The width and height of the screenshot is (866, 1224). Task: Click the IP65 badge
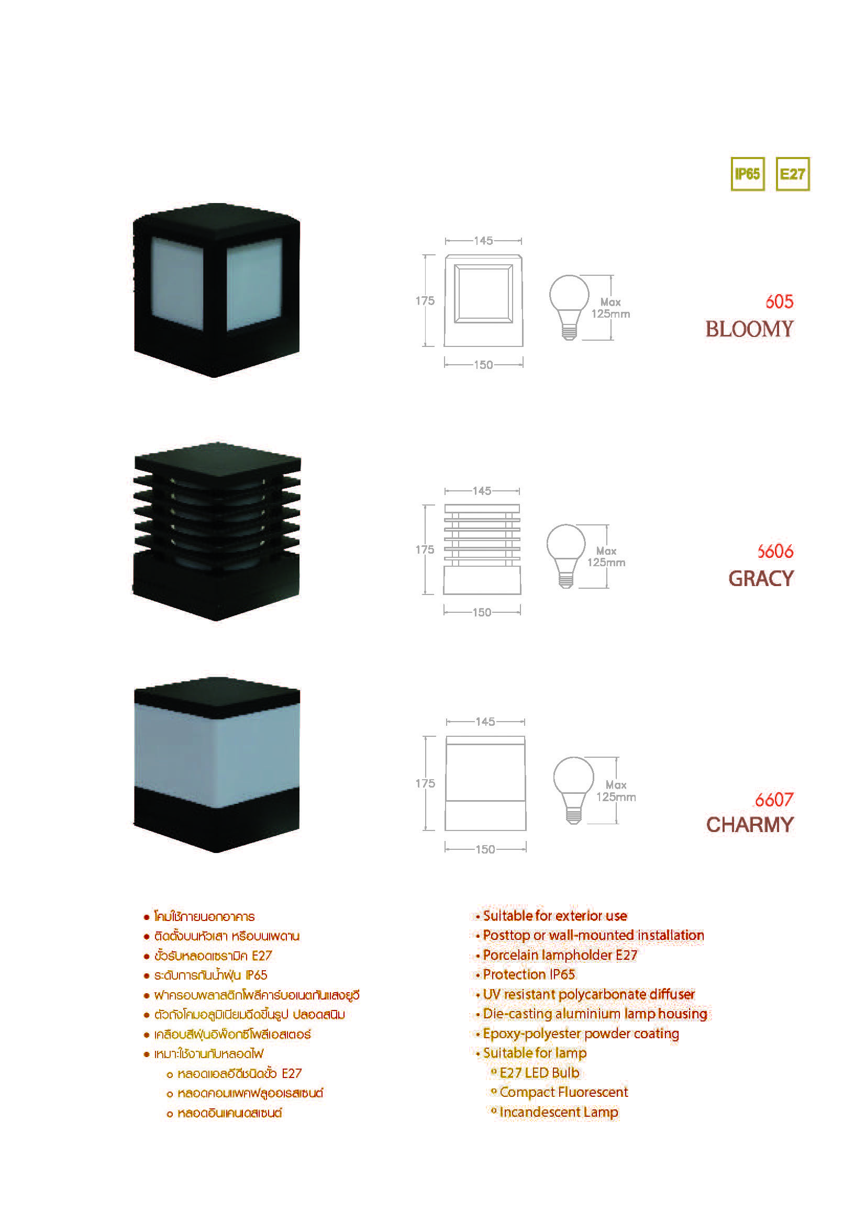747,174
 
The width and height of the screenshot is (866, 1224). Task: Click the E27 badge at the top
792,174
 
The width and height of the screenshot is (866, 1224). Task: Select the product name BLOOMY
749,329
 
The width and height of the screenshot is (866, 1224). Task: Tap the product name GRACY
761,578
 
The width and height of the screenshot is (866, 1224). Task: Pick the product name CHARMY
750,825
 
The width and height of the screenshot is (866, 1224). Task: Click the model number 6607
774,800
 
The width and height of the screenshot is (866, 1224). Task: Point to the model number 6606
775,551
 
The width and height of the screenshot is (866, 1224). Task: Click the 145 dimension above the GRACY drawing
482,490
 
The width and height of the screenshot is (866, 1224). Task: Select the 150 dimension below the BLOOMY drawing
484,365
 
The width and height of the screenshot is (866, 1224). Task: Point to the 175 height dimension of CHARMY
425,783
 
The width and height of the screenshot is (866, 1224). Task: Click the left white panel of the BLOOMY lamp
177,284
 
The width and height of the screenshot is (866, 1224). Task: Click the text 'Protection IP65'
528,974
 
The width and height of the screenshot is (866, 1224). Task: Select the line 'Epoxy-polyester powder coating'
581,1034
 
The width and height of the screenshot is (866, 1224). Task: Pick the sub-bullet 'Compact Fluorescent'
564,1092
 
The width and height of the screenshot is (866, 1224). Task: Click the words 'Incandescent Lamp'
559,1112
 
